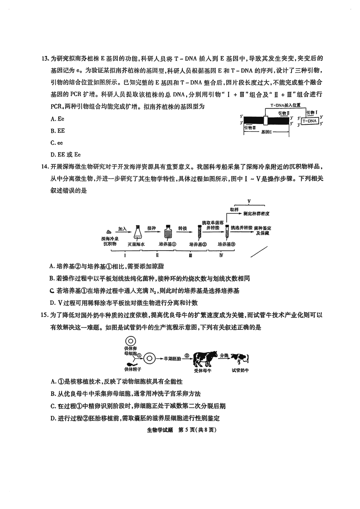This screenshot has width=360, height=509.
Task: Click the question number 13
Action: (x=44, y=59)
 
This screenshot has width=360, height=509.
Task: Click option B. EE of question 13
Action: (x=58, y=131)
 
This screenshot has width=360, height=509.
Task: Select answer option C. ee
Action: (x=56, y=143)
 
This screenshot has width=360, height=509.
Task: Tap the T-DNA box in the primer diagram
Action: (x=309, y=121)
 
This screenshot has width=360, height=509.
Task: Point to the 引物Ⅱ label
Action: (x=284, y=113)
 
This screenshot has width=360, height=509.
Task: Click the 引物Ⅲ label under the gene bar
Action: (x=250, y=128)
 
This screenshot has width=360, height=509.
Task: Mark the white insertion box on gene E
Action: (x=266, y=120)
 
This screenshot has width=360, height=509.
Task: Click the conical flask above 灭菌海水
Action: (x=137, y=232)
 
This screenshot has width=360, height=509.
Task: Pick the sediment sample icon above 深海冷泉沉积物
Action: (x=109, y=232)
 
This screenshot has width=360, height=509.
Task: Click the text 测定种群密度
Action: (x=256, y=214)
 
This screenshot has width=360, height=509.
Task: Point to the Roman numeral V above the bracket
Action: (x=249, y=201)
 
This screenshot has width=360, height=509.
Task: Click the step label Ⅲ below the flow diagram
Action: (x=190, y=255)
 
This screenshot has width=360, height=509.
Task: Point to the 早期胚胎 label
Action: (x=172, y=359)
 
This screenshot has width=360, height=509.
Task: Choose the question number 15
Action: (x=44, y=315)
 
